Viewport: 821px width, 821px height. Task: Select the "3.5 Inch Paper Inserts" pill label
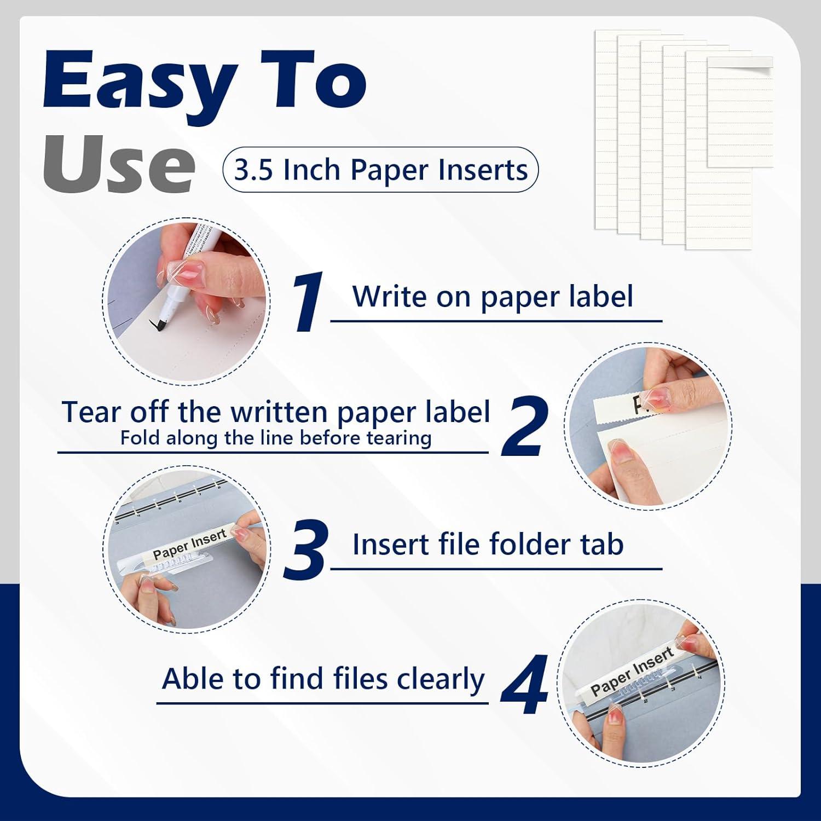point(380,170)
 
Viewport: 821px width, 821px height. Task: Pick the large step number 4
point(524,684)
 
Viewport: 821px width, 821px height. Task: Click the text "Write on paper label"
point(493,297)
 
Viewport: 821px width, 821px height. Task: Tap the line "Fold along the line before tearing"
point(276,438)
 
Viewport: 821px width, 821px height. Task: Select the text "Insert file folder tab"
point(488,545)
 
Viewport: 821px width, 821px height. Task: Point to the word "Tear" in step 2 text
point(91,412)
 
